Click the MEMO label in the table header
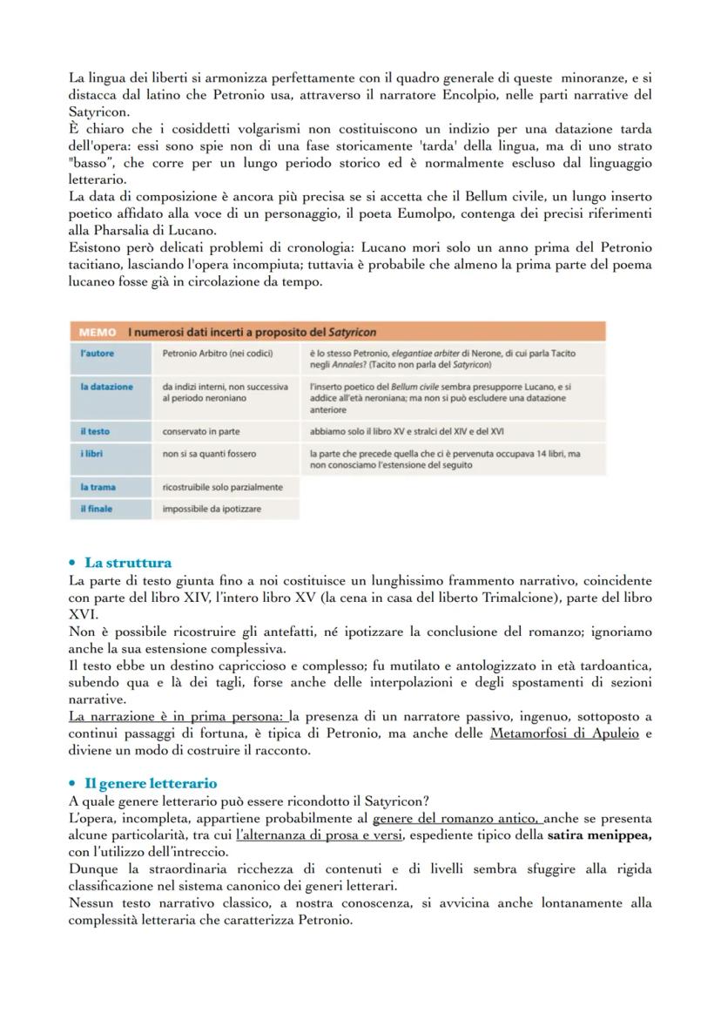coord(96,332)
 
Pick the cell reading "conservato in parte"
coord(201,431)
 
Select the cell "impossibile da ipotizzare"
coord(212,509)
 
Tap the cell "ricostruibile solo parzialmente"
coord(223,487)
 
